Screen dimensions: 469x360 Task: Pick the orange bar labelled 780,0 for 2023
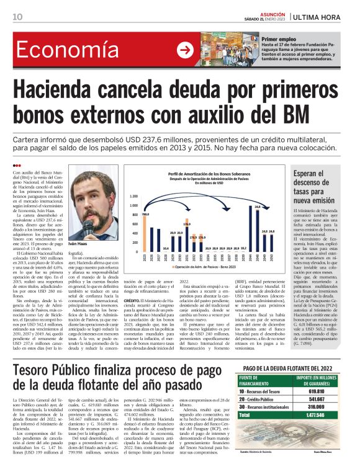[x=146, y=235]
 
